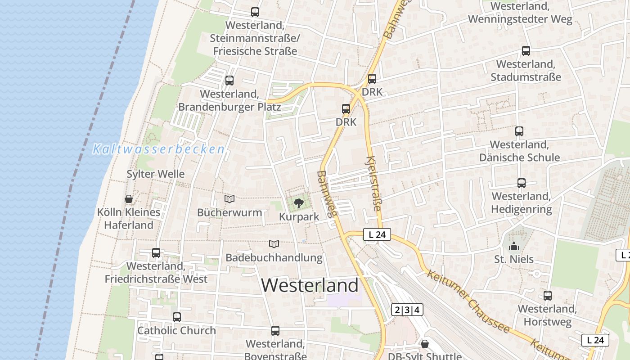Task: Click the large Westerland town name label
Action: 310,285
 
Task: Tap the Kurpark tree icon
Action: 298,204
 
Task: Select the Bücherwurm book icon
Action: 229,199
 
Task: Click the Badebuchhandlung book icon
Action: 274,244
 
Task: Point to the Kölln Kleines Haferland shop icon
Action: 129,199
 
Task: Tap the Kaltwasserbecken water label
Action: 158,149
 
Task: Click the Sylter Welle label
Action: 155,174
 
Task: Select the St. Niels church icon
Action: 513,246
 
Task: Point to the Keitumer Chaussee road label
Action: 468,301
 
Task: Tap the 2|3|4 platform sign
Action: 407,310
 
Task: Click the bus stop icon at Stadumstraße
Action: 526,51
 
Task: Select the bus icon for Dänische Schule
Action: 519,131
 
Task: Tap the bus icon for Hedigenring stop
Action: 521,183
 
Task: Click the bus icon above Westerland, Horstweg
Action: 547,296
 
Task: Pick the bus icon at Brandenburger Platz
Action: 229,81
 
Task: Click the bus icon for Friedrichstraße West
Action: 156,253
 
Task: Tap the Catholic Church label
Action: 176,330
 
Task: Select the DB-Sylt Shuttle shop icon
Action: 424,344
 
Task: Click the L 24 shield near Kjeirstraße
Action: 377,234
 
